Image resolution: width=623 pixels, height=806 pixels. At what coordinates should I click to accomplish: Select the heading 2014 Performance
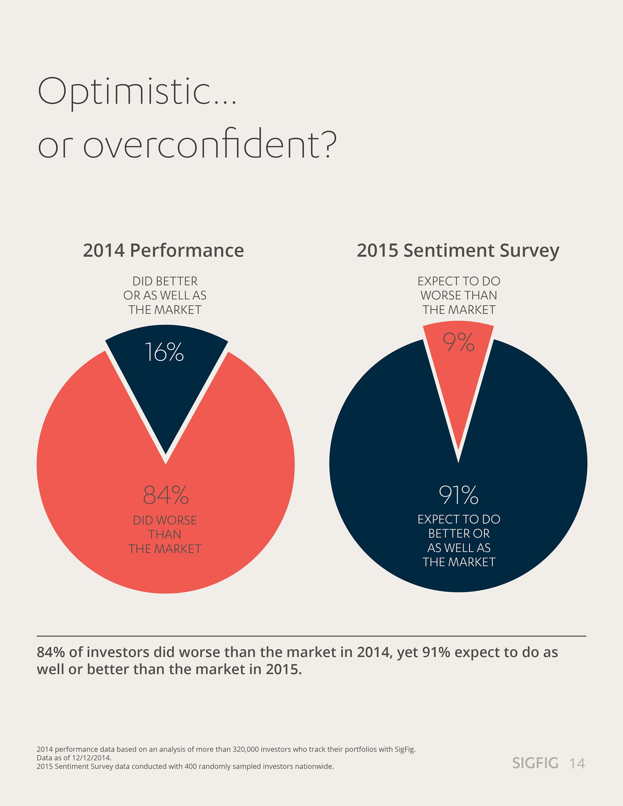pos(163,251)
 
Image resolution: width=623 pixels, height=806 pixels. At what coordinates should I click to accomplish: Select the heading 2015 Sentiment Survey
pos(458,251)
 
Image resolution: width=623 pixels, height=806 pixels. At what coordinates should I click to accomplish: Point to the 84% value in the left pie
pos(166,495)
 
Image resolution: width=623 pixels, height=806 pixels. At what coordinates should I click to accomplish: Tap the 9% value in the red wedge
pos(458,343)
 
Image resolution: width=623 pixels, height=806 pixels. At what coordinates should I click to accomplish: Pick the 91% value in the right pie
pos(458,495)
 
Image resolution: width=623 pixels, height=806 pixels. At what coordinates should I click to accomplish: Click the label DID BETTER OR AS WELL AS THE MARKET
pos(165,295)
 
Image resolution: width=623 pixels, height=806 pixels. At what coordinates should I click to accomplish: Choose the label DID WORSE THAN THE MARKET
pos(165,535)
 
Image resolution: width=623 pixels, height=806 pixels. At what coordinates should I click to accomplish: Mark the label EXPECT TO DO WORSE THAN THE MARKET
pos(459,295)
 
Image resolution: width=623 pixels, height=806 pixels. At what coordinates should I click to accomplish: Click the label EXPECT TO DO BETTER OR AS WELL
pos(459,540)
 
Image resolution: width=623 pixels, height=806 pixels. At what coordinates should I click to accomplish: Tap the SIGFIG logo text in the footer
pos(535,763)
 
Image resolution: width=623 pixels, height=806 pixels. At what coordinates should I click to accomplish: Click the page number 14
pos(577,764)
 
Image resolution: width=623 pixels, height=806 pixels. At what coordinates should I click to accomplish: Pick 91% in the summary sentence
pos(436,653)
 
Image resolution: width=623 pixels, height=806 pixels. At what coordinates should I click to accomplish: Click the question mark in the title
pos(329,144)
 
